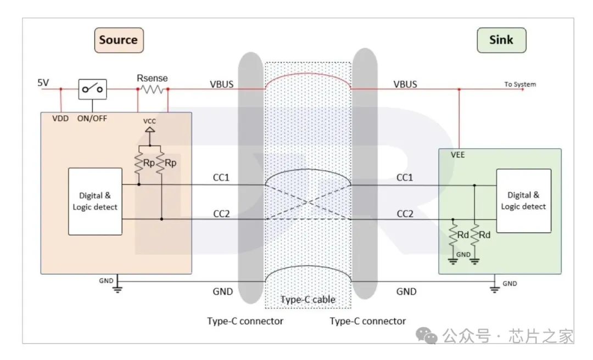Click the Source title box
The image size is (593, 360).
119,40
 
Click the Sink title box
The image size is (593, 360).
501,40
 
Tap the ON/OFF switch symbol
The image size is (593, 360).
92,88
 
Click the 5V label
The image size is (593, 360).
43,83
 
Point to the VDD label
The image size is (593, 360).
60,118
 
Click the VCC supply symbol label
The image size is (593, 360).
149,121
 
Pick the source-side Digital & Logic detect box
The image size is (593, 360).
95,201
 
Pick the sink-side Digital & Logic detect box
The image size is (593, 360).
523,200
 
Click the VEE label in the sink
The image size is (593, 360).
457,155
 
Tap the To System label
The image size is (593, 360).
520,85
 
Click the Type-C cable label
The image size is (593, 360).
307,300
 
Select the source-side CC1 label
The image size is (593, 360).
221,178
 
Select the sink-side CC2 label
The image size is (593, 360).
405,213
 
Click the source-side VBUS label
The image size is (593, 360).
221,85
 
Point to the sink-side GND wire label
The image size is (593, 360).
406,291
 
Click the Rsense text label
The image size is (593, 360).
152,78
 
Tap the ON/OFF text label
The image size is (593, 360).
92,118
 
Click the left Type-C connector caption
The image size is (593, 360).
245,321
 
